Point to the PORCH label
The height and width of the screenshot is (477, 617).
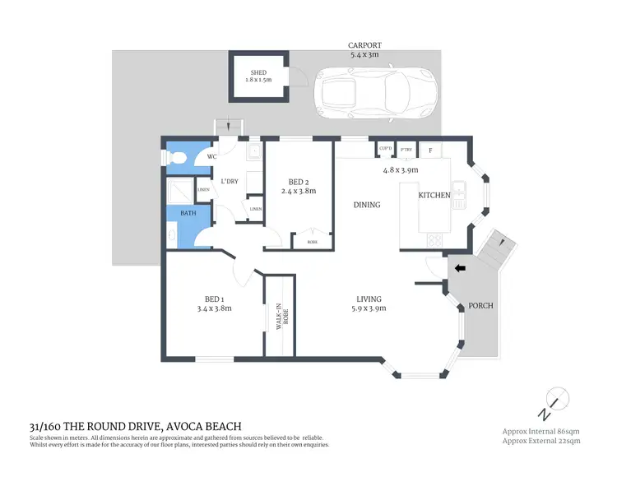click(480, 305)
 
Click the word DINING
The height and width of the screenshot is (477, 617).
click(367, 205)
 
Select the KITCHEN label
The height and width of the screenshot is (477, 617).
click(434, 195)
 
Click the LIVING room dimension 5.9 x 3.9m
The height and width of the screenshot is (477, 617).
click(368, 308)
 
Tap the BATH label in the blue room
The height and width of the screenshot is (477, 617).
click(188, 213)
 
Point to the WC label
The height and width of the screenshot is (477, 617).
click(211, 156)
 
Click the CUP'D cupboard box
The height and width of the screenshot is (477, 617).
click(385, 149)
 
